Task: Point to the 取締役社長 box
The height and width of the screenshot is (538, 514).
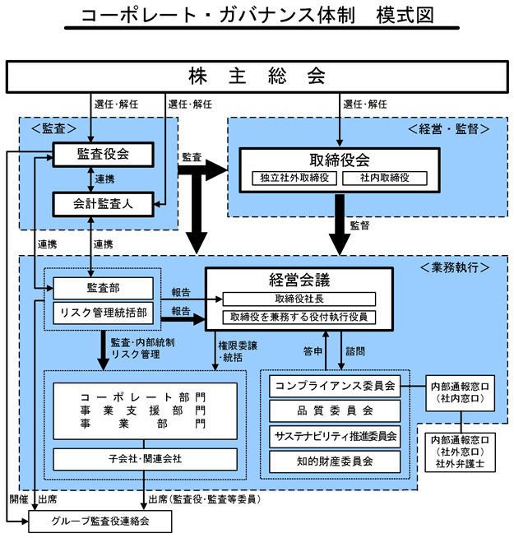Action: click(299, 299)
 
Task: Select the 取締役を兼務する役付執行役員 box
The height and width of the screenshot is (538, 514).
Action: click(299, 317)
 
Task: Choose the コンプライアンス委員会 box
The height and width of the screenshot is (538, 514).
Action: click(335, 385)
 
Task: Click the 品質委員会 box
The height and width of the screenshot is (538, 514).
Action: click(335, 410)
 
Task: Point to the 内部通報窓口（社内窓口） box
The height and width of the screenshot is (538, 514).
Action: click(461, 392)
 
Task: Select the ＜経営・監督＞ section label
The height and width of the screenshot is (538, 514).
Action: click(449, 129)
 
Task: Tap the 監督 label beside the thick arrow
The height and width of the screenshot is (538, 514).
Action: click(359, 224)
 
